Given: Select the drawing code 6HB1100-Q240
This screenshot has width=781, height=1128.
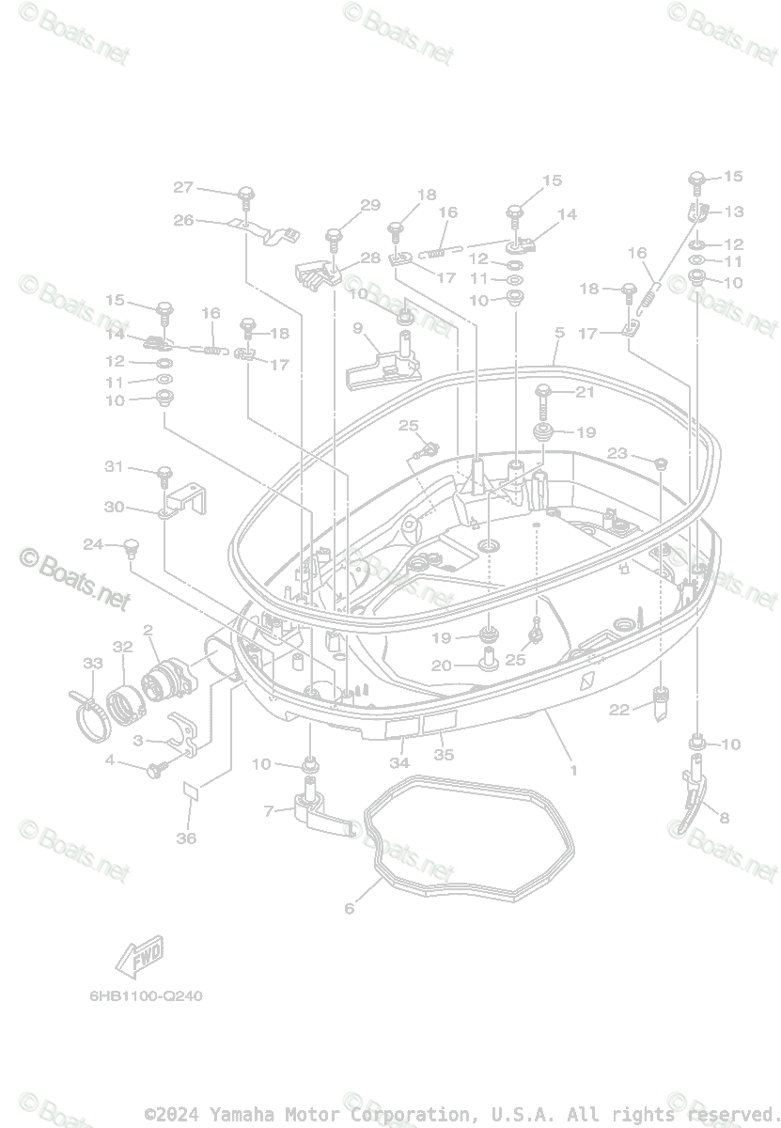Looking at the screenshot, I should [140, 995].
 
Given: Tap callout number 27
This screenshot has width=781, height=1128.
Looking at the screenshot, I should [182, 187].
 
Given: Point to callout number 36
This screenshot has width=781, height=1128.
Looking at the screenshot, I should [187, 838].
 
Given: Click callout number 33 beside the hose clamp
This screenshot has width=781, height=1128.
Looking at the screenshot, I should [91, 664].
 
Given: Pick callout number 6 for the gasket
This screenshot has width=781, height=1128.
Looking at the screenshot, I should [350, 908].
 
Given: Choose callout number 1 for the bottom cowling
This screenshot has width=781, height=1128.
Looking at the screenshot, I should [572, 770].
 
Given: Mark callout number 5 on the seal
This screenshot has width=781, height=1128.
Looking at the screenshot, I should [559, 333].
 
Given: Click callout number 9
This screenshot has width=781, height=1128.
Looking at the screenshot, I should [358, 328].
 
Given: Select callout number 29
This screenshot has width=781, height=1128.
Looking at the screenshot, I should [369, 206].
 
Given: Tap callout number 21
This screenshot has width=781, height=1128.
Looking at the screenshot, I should [612, 392].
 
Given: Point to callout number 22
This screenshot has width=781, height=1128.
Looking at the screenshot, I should [617, 710].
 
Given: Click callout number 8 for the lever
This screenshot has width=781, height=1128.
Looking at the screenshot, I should [724, 817].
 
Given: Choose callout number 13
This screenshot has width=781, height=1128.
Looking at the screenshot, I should [733, 211].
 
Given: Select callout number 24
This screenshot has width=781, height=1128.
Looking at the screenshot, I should [93, 544].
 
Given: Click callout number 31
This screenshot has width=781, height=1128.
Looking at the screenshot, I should [114, 466].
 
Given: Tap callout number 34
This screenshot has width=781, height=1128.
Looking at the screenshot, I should [399, 762].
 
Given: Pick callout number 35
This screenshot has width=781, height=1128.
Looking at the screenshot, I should [443, 755].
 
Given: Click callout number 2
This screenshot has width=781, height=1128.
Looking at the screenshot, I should [148, 629].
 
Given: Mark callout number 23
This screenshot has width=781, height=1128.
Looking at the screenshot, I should [617, 453].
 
